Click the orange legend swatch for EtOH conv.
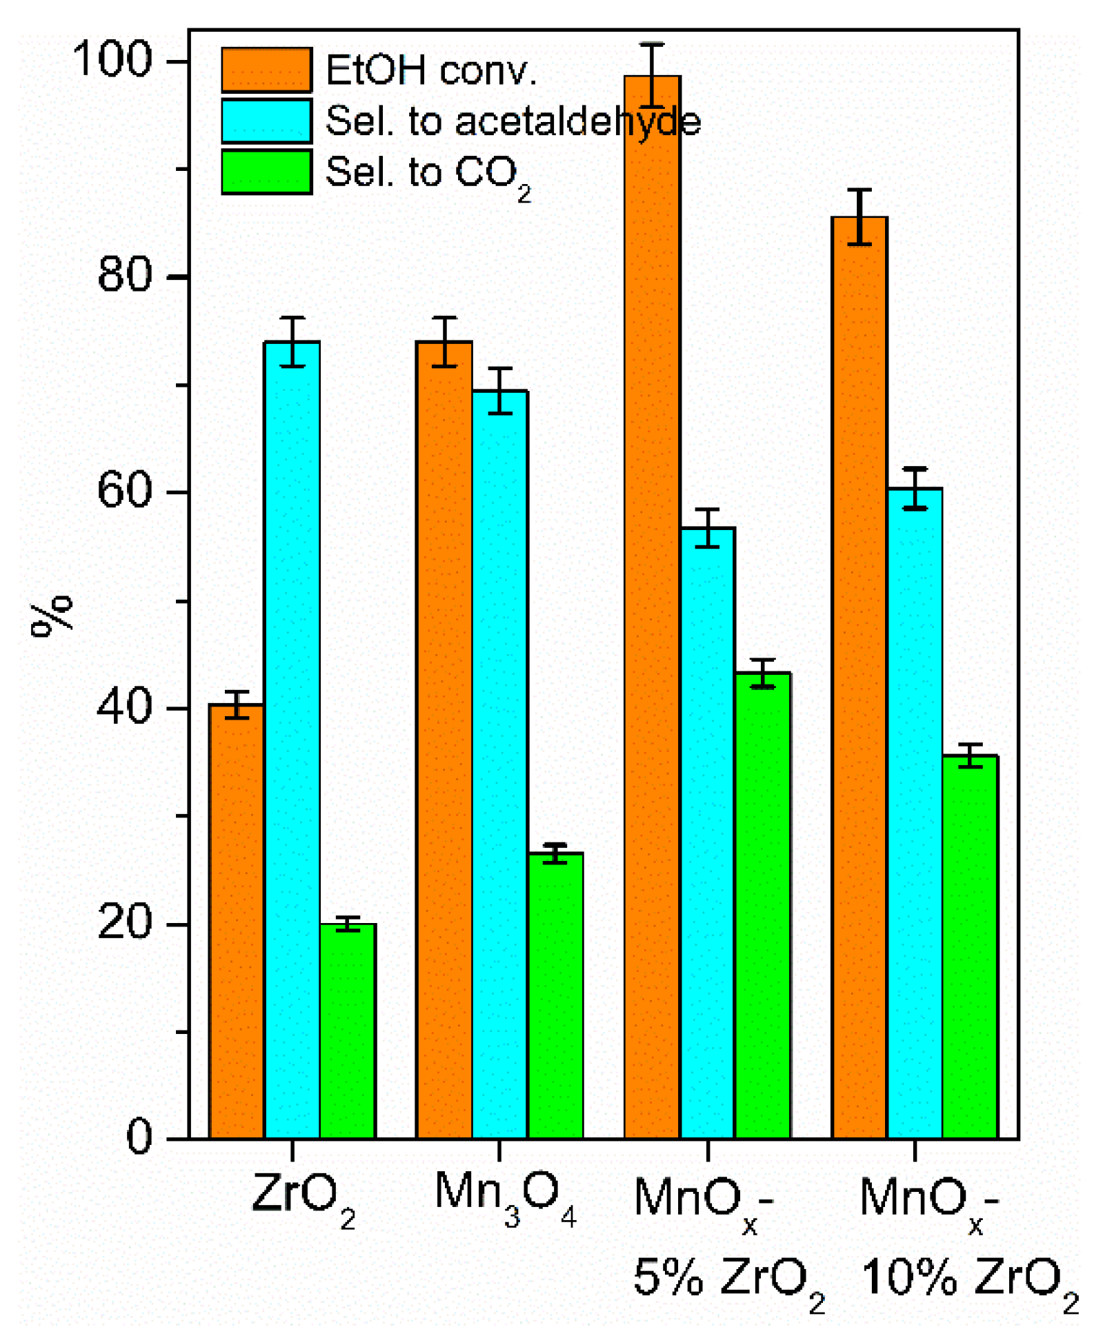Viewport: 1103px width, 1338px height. pyautogui.click(x=266, y=70)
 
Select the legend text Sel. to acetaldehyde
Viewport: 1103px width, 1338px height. pyautogui.click(x=513, y=121)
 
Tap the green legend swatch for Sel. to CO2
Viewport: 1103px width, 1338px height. pyautogui.click(x=266, y=172)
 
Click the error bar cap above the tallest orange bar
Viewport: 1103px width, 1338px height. pyautogui.click(x=652, y=45)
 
